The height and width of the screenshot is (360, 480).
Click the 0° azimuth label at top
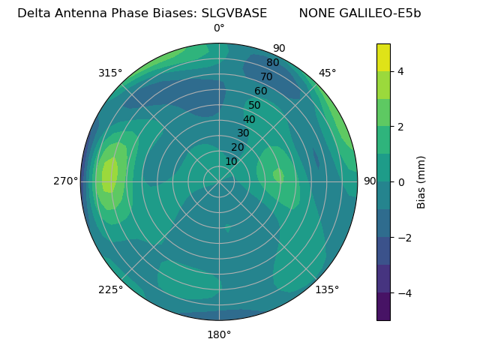pyautogui.click(x=219, y=28)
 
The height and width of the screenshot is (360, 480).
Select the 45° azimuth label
pyautogui.click(x=328, y=73)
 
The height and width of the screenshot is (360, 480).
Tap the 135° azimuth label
pyautogui.click(x=327, y=289)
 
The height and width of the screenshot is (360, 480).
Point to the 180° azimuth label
pyautogui.click(x=219, y=334)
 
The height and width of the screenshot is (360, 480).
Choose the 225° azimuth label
pyautogui.click(x=110, y=289)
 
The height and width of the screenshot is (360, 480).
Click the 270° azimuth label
pyautogui.click(x=66, y=181)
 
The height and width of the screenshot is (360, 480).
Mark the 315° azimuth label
pyautogui.click(x=110, y=73)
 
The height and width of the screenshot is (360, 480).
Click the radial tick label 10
pyautogui.click(x=231, y=161)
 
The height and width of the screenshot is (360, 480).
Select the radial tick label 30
pyautogui.click(x=243, y=133)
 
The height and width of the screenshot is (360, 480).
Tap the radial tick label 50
pyautogui.click(x=254, y=106)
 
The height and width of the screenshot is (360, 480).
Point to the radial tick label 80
pyautogui.click(x=272, y=63)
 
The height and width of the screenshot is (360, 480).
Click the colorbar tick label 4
pyautogui.click(x=401, y=71)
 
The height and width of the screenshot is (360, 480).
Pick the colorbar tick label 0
pyautogui.click(x=401, y=182)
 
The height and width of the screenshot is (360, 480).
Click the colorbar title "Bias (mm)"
pyautogui.click(x=421, y=182)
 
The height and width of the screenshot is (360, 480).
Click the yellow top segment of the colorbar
pyautogui.click(x=383, y=58)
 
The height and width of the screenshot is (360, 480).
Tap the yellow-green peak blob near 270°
pyautogui.click(x=109, y=176)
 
